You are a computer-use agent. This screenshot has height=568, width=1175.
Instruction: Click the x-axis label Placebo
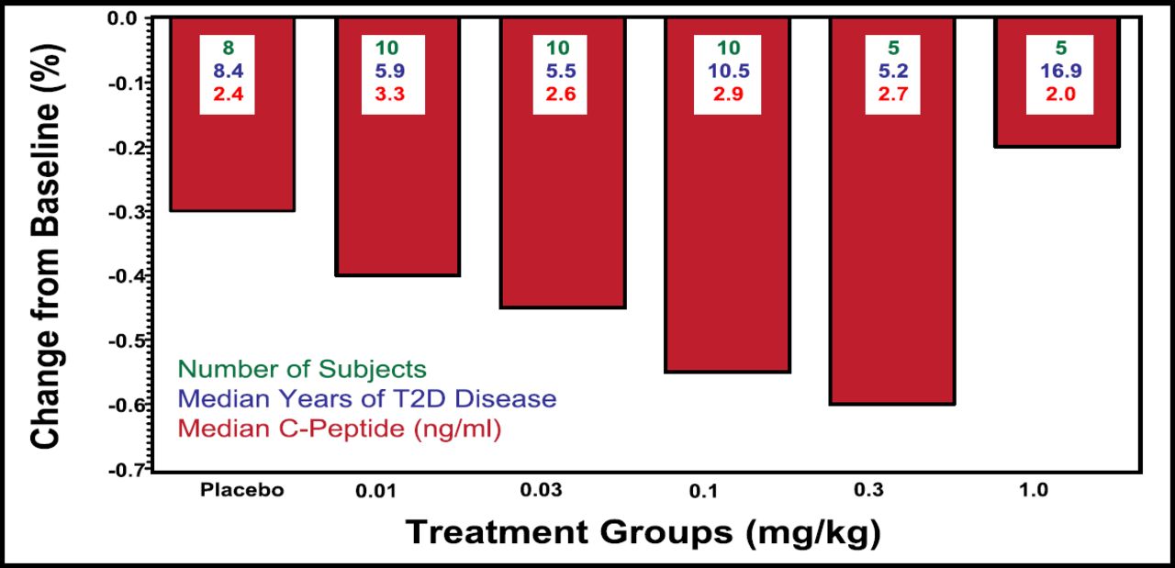pyautogui.click(x=242, y=490)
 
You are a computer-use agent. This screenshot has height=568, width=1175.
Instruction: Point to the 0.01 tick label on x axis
pyautogui.click(x=377, y=491)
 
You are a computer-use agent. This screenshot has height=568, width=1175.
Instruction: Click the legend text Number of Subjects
pyautogui.click(x=303, y=369)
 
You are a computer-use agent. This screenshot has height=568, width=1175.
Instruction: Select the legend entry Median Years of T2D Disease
pyautogui.click(x=367, y=399)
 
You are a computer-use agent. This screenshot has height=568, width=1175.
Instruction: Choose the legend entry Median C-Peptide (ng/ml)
pyautogui.click(x=340, y=429)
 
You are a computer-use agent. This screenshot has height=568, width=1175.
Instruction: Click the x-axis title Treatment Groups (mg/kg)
pyautogui.click(x=643, y=532)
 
